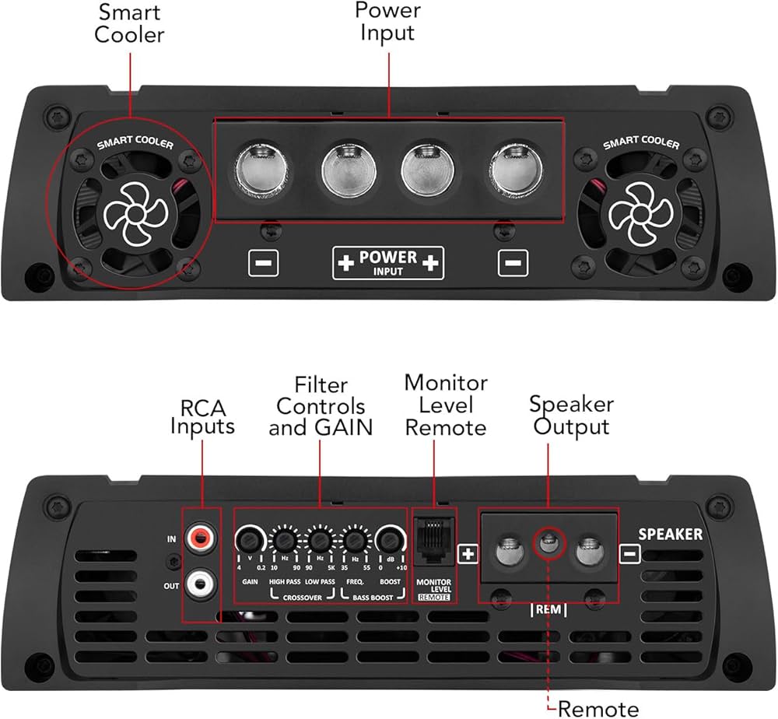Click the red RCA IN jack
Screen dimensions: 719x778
[202, 535]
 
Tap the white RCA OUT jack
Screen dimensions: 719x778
[202, 579]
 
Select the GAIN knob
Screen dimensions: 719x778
[248, 538]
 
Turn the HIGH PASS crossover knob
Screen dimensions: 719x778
[283, 539]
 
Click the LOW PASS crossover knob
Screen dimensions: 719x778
[319, 539]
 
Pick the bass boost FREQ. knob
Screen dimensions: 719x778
[355, 539]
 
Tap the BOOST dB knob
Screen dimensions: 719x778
[389, 538]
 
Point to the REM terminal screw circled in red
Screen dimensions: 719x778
[548, 543]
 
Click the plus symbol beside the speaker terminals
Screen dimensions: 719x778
[468, 553]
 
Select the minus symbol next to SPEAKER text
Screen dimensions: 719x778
[630, 553]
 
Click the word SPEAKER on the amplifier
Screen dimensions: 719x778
[670, 535]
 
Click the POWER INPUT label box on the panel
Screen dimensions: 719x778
[388, 263]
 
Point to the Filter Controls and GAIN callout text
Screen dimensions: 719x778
[320, 405]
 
